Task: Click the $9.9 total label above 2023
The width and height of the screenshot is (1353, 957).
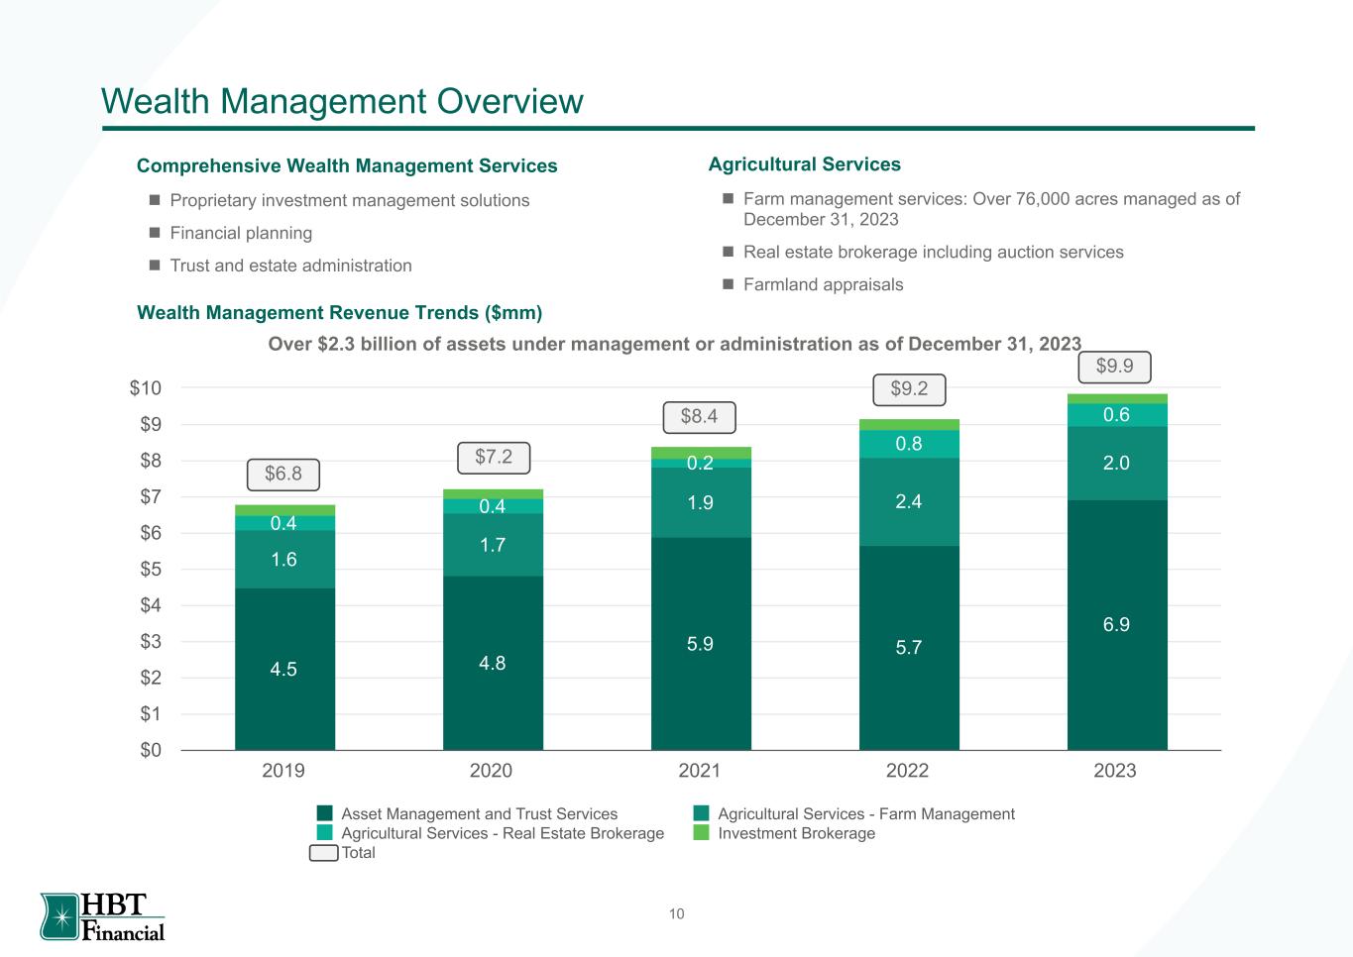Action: tap(1115, 367)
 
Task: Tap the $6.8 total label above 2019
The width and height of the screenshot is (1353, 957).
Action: tap(283, 475)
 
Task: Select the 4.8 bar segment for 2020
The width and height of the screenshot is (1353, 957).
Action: tap(493, 663)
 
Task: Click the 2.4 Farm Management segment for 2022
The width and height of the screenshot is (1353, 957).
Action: tap(909, 501)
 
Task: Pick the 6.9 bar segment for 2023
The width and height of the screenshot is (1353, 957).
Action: tap(1117, 624)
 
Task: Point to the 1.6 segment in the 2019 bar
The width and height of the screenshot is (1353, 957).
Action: tap(284, 560)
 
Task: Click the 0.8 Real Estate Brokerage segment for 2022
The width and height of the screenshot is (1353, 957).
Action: tap(909, 444)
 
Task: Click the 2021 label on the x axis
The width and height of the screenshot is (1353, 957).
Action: tap(699, 771)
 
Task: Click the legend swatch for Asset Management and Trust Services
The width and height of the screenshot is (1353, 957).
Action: tap(324, 814)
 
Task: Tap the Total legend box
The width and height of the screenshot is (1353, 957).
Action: tap(323, 853)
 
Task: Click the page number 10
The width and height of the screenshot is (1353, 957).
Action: tap(676, 914)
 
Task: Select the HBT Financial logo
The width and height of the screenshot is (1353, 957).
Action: tap(103, 916)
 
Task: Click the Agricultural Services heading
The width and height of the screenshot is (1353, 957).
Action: tap(805, 164)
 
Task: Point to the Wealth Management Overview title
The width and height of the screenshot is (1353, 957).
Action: tap(342, 101)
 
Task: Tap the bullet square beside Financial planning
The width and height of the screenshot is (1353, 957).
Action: tap(154, 234)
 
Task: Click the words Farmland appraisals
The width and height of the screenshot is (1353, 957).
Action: tap(823, 285)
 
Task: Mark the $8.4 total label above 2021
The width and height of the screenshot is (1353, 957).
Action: tap(699, 417)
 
